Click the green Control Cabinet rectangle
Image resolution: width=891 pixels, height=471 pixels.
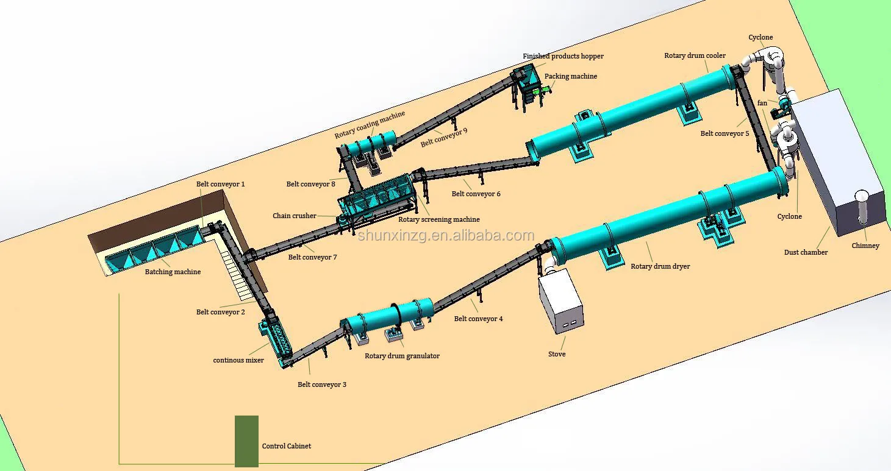pyautogui.click(x=246, y=441)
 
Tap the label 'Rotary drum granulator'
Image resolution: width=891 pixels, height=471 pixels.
pyautogui.click(x=402, y=356)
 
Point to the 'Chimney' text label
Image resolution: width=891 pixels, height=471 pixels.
pyautogui.click(x=865, y=246)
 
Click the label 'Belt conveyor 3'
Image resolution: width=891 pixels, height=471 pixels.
pyautogui.click(x=322, y=384)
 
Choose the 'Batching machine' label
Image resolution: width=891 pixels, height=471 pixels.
pyautogui.click(x=173, y=272)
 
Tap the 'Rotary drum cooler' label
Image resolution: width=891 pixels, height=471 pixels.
pyautogui.click(x=695, y=55)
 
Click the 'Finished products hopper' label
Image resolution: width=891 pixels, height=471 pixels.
pyautogui.click(x=563, y=56)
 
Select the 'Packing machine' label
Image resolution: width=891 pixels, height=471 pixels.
pyautogui.click(x=570, y=76)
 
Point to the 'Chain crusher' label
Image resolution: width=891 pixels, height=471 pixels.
pyautogui.click(x=295, y=216)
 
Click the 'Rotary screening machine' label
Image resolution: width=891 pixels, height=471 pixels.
pyautogui.click(x=438, y=219)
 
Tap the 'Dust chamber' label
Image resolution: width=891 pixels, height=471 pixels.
pyautogui.click(x=806, y=252)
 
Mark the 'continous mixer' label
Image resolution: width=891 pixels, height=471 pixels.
pyautogui.click(x=238, y=360)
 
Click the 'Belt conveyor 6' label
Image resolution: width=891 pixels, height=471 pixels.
pyautogui.click(x=476, y=194)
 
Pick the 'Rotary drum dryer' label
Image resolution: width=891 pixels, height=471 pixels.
pyautogui.click(x=660, y=266)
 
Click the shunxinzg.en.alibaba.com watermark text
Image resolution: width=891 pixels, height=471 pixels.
pyautogui.click(x=446, y=235)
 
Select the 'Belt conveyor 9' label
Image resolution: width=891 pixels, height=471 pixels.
pyautogui.click(x=444, y=137)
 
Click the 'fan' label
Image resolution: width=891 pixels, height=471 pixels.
pyautogui.click(x=762, y=103)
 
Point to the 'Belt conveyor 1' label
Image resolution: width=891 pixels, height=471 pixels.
pyautogui.click(x=220, y=184)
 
